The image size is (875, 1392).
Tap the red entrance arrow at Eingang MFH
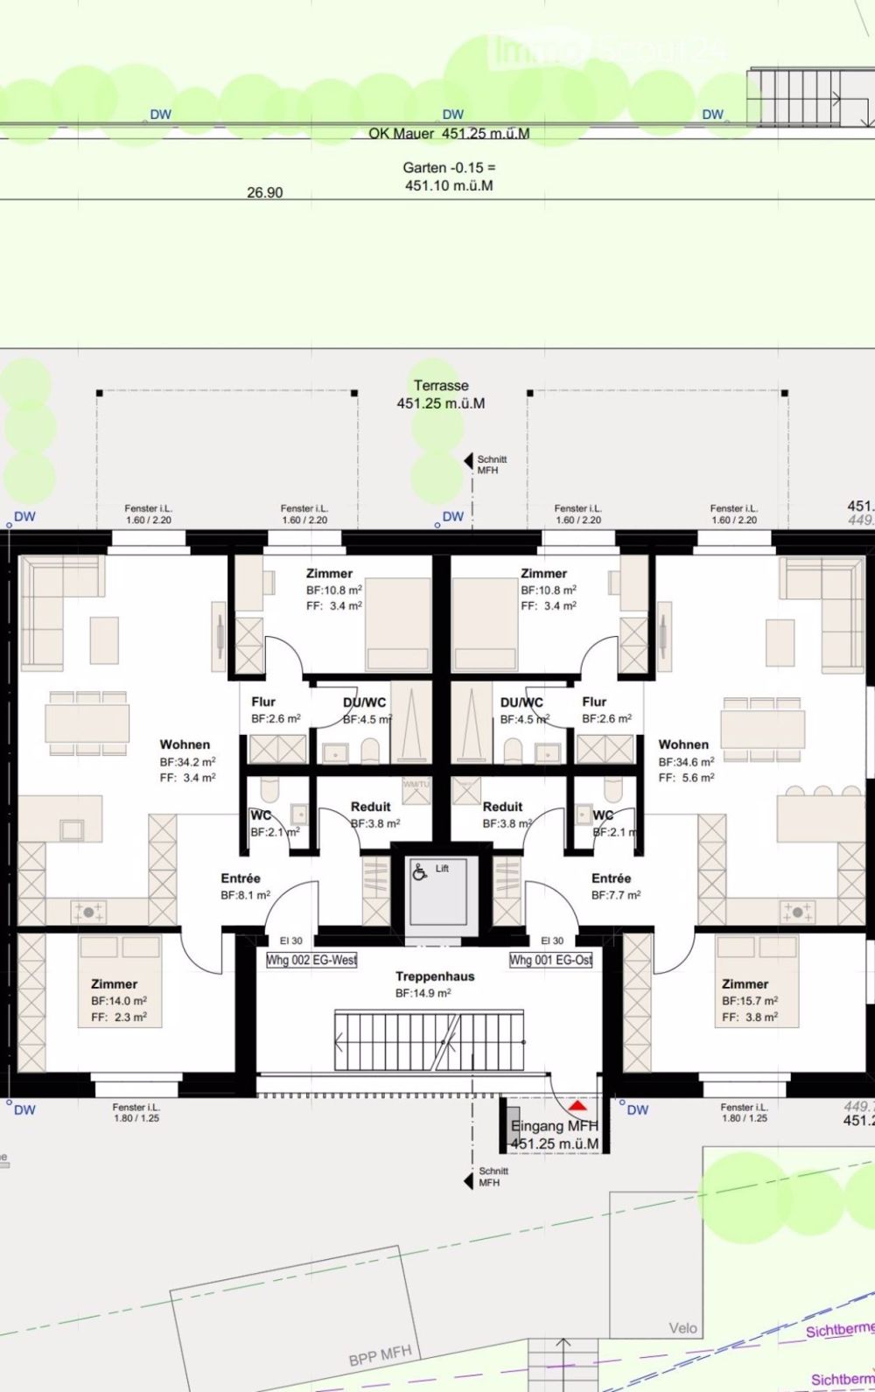click(x=577, y=1106)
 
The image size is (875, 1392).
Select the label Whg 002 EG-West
click(x=311, y=960)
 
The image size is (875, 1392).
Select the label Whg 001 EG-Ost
click(x=551, y=960)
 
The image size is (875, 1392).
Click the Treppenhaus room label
click(x=435, y=976)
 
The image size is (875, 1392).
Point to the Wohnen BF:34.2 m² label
click(x=185, y=745)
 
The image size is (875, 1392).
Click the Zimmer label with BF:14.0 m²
click(x=115, y=984)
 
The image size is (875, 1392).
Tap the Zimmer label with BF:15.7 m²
click(x=745, y=984)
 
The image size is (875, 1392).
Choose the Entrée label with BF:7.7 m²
click(x=611, y=878)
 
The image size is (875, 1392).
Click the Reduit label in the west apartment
click(x=370, y=807)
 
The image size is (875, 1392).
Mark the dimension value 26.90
click(x=264, y=192)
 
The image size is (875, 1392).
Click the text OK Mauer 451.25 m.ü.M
click(x=449, y=134)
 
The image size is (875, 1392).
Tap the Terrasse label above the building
click(x=441, y=386)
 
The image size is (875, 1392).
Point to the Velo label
click(x=683, y=1328)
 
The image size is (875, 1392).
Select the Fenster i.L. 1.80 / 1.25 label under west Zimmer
click(x=136, y=1113)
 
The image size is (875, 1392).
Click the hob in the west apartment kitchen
click(x=88, y=913)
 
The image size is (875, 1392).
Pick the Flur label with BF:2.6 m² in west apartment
click(x=263, y=702)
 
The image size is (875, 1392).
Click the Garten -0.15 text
click(x=449, y=167)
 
